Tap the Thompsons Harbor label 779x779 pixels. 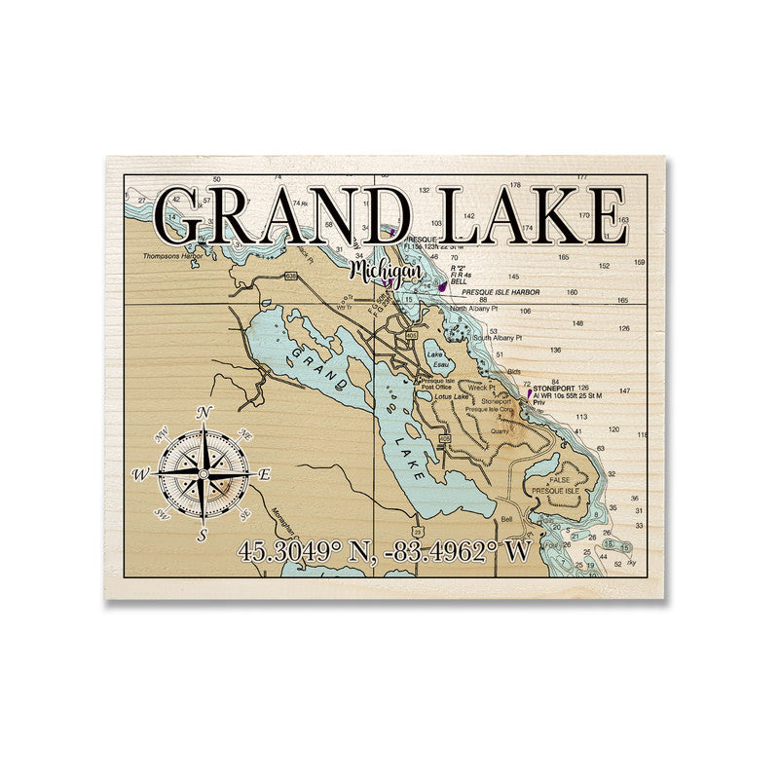tap(172, 256)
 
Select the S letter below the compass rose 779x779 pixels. tap(203, 535)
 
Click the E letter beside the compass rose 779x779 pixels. tap(264, 474)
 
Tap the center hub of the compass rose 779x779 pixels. tap(203, 474)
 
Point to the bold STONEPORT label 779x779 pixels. tap(554, 388)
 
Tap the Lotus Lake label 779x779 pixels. tap(452, 396)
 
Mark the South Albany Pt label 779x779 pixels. tap(499, 338)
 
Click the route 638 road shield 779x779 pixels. tap(290, 277)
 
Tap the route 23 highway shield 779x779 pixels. tap(416, 531)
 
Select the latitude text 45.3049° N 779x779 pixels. tap(309, 552)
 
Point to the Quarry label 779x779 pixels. tap(500, 428)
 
